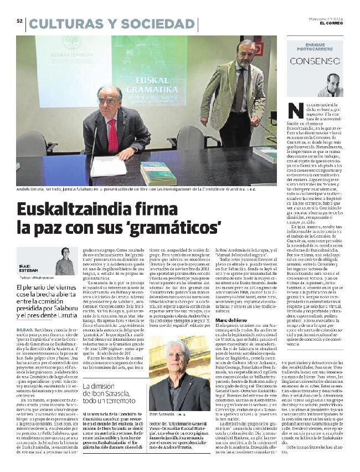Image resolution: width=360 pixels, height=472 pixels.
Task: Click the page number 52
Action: (x=19, y=21)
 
